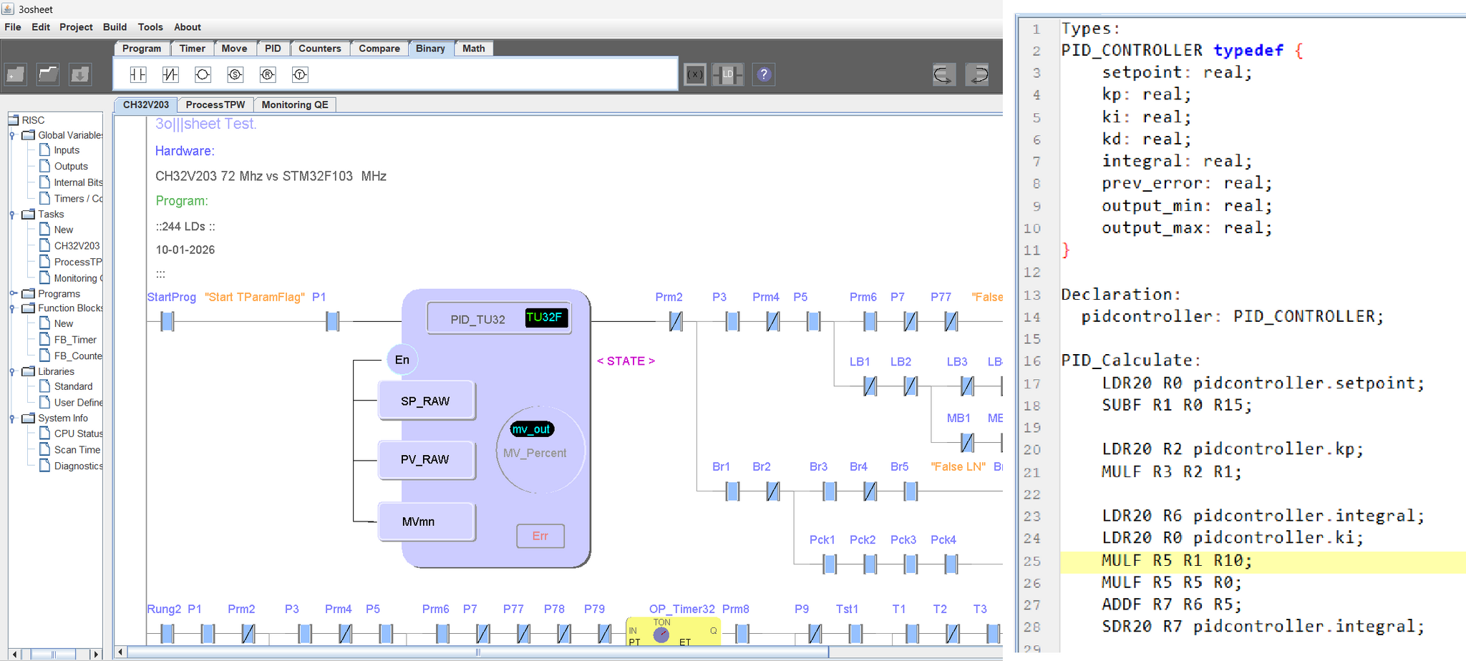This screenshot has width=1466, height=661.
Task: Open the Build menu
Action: (x=115, y=27)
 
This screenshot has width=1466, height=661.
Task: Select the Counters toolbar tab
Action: (x=319, y=49)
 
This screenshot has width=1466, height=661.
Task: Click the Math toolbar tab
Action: (x=473, y=49)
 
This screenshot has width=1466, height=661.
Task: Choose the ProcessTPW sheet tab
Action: (x=215, y=104)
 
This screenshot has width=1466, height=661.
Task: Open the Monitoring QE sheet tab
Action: (x=295, y=104)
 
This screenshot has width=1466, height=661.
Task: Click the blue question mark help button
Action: (x=764, y=74)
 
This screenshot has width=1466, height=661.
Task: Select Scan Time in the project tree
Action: (x=77, y=450)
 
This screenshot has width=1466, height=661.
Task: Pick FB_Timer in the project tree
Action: (x=75, y=340)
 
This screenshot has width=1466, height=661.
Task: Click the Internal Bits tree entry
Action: (x=78, y=182)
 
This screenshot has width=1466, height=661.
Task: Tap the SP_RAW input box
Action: (x=426, y=401)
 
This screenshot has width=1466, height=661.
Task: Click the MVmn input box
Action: (x=426, y=522)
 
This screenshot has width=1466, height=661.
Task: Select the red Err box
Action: (x=540, y=536)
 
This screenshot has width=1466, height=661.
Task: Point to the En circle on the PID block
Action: (x=402, y=360)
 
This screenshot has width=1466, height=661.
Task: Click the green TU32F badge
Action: (x=546, y=318)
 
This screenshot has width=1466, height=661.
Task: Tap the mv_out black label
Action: (x=532, y=429)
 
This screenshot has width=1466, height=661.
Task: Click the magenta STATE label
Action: (x=626, y=361)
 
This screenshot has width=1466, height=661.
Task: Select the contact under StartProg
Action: (x=168, y=322)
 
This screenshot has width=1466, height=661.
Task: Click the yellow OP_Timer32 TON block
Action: (x=674, y=632)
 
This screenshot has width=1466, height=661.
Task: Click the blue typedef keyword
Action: (x=1248, y=51)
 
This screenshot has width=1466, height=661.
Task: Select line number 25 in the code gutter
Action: (x=1031, y=562)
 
